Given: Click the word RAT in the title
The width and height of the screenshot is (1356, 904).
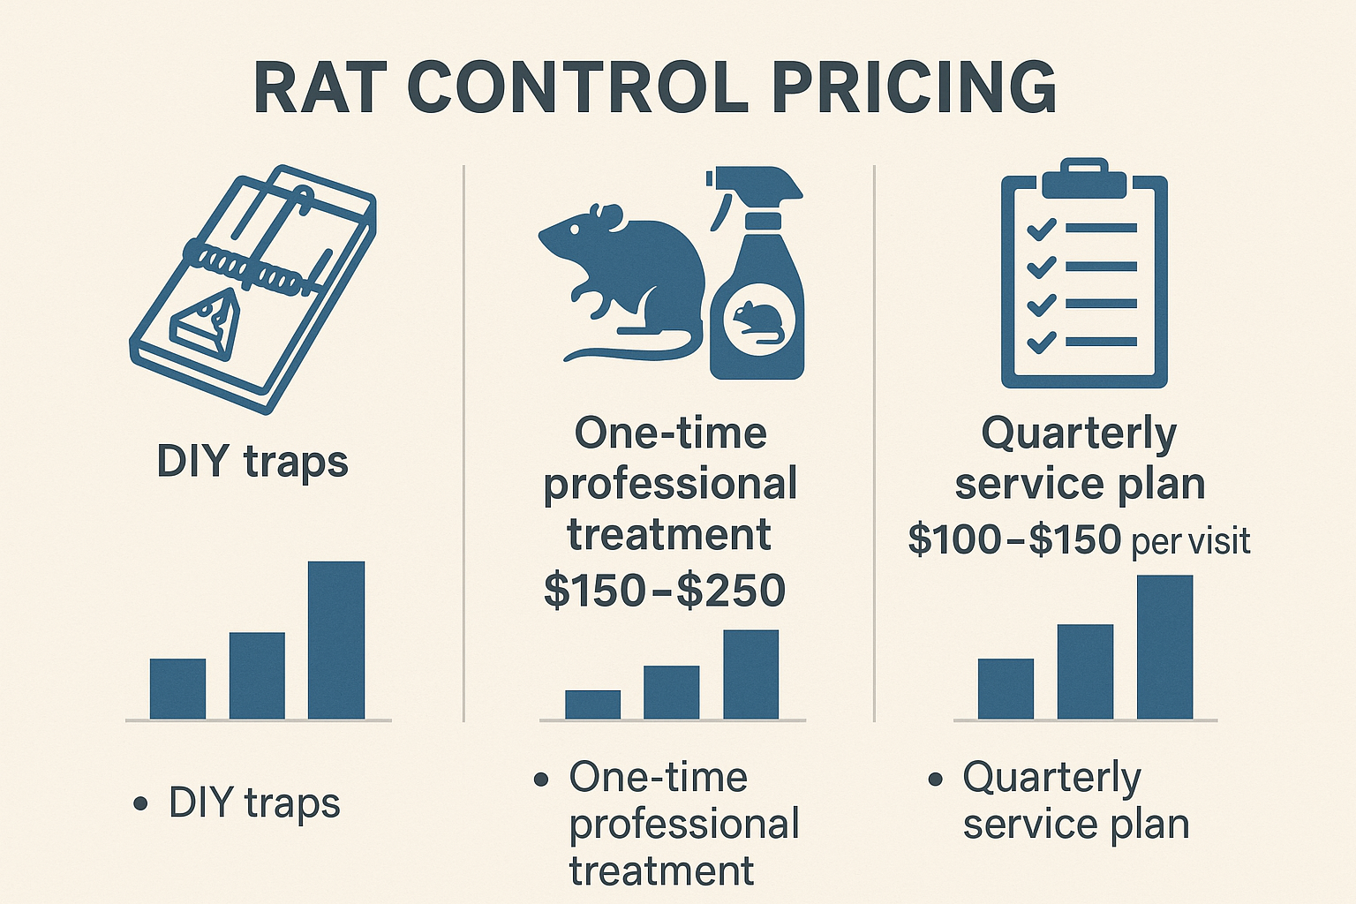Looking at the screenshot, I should [320, 87].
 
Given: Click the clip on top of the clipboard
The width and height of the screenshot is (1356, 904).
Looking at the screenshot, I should [1084, 179].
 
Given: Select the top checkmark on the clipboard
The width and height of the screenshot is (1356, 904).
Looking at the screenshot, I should [1042, 228].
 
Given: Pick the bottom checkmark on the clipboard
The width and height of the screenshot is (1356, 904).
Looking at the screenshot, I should [1042, 341].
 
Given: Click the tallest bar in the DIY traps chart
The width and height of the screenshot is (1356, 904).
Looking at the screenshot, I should [336, 640].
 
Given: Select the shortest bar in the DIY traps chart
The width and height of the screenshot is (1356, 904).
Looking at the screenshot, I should [177, 689].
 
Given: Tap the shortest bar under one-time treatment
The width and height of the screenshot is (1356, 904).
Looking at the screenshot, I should [592, 704].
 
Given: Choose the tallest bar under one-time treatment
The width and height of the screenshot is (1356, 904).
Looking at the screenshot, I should [750, 674].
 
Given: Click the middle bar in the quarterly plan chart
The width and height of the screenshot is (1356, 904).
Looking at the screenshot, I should [1085, 671].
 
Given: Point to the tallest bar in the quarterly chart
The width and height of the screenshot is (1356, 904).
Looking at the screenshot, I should [1164, 647].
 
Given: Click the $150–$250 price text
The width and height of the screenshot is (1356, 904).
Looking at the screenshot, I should [665, 591].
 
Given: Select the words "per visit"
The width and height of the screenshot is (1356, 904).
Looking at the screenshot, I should [1191, 541].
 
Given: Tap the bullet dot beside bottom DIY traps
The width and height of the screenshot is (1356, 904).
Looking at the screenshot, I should [139, 804].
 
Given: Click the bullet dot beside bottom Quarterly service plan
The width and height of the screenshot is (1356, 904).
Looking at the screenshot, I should [936, 780].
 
